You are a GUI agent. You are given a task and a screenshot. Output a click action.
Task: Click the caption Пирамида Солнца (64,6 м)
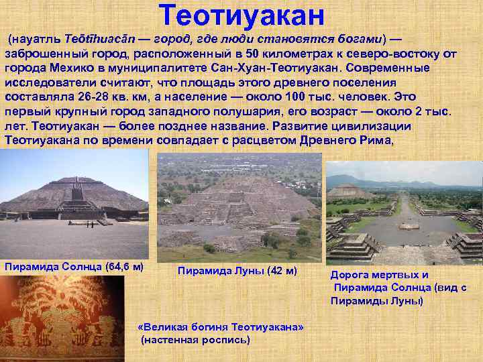[x=74, y=266]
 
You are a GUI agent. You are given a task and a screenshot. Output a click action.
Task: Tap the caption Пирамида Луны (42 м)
[x=237, y=271]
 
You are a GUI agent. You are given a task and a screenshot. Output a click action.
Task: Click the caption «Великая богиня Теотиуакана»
[x=220, y=326]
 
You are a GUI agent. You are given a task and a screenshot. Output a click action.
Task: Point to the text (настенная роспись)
[x=195, y=340]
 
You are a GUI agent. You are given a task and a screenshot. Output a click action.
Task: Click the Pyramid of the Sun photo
[x=74, y=204]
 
